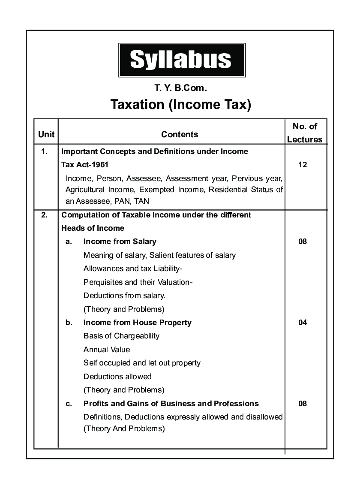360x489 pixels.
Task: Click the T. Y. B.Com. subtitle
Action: point(180,88)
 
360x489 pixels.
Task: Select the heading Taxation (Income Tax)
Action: point(180,105)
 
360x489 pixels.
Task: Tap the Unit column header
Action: point(46,134)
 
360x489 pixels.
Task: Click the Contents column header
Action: point(180,134)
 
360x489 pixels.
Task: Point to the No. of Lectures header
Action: point(305,133)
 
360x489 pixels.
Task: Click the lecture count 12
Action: point(303,165)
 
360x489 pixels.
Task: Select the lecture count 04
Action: point(303,323)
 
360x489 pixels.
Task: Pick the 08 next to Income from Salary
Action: point(303,241)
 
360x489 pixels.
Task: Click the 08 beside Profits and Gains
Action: point(303,404)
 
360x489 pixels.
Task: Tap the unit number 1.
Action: point(44,151)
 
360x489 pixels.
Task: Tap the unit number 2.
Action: point(44,214)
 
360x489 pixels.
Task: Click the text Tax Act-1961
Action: point(85,165)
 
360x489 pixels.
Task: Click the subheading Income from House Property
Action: point(137,323)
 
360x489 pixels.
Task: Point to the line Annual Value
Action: point(107,350)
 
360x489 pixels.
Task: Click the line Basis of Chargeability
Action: point(121,336)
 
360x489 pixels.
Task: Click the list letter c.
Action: point(69,404)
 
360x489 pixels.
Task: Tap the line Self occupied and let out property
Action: point(142,363)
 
